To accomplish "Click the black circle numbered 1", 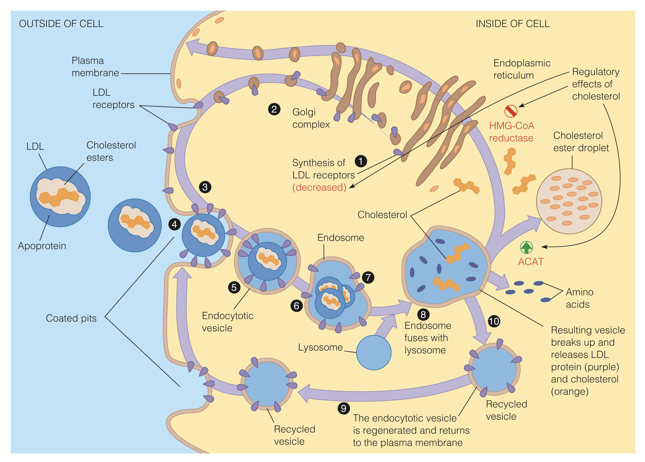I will (x=361, y=161).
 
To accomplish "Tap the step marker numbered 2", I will (x=274, y=109).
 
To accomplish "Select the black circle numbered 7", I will (x=368, y=277).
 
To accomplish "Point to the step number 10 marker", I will (x=494, y=321).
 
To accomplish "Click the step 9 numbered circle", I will (x=344, y=408).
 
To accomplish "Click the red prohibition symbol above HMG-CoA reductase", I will (x=511, y=111).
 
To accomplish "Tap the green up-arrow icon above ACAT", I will (x=526, y=247).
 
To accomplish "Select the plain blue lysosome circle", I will (x=374, y=352).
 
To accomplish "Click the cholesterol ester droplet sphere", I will (x=569, y=201).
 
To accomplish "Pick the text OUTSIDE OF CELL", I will (x=61, y=24).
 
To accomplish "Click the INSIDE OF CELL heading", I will (x=513, y=24).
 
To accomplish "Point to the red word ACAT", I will (x=531, y=261).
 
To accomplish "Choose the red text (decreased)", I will (x=319, y=187).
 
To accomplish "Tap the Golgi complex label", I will (x=311, y=118).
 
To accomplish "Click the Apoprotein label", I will (x=42, y=246).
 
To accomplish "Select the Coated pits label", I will (x=71, y=318).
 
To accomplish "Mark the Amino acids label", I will (x=579, y=298).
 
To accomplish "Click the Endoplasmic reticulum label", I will (x=522, y=69).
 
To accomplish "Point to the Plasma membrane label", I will (x=95, y=67).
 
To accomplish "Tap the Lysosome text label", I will (x=320, y=347).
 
